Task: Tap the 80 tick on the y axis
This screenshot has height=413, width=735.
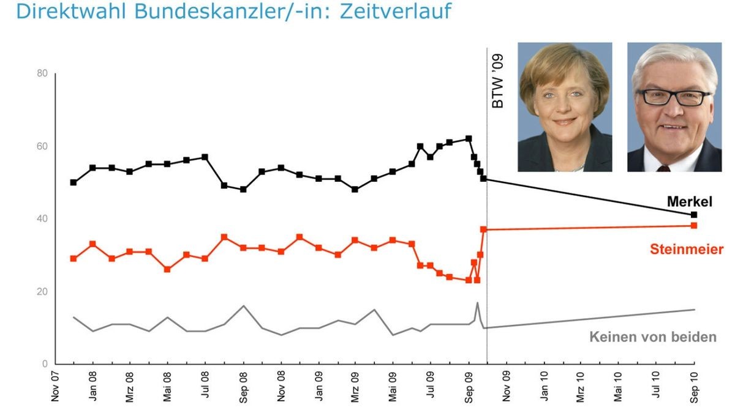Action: click(x=42, y=73)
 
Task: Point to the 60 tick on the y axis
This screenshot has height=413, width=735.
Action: click(x=42, y=146)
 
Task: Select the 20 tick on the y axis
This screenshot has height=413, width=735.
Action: click(x=42, y=291)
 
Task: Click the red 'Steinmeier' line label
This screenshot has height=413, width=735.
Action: click(x=687, y=250)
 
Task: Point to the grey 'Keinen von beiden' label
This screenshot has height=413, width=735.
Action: click(x=652, y=337)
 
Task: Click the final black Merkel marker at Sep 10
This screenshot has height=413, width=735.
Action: click(x=694, y=215)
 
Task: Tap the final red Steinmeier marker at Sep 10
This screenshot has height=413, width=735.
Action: click(x=694, y=226)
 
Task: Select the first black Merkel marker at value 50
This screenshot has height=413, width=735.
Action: click(x=73, y=182)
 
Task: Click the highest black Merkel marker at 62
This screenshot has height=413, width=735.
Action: click(x=469, y=139)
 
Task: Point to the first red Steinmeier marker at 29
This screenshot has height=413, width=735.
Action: click(x=73, y=259)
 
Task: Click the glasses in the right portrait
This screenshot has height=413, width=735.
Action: click(x=674, y=97)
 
